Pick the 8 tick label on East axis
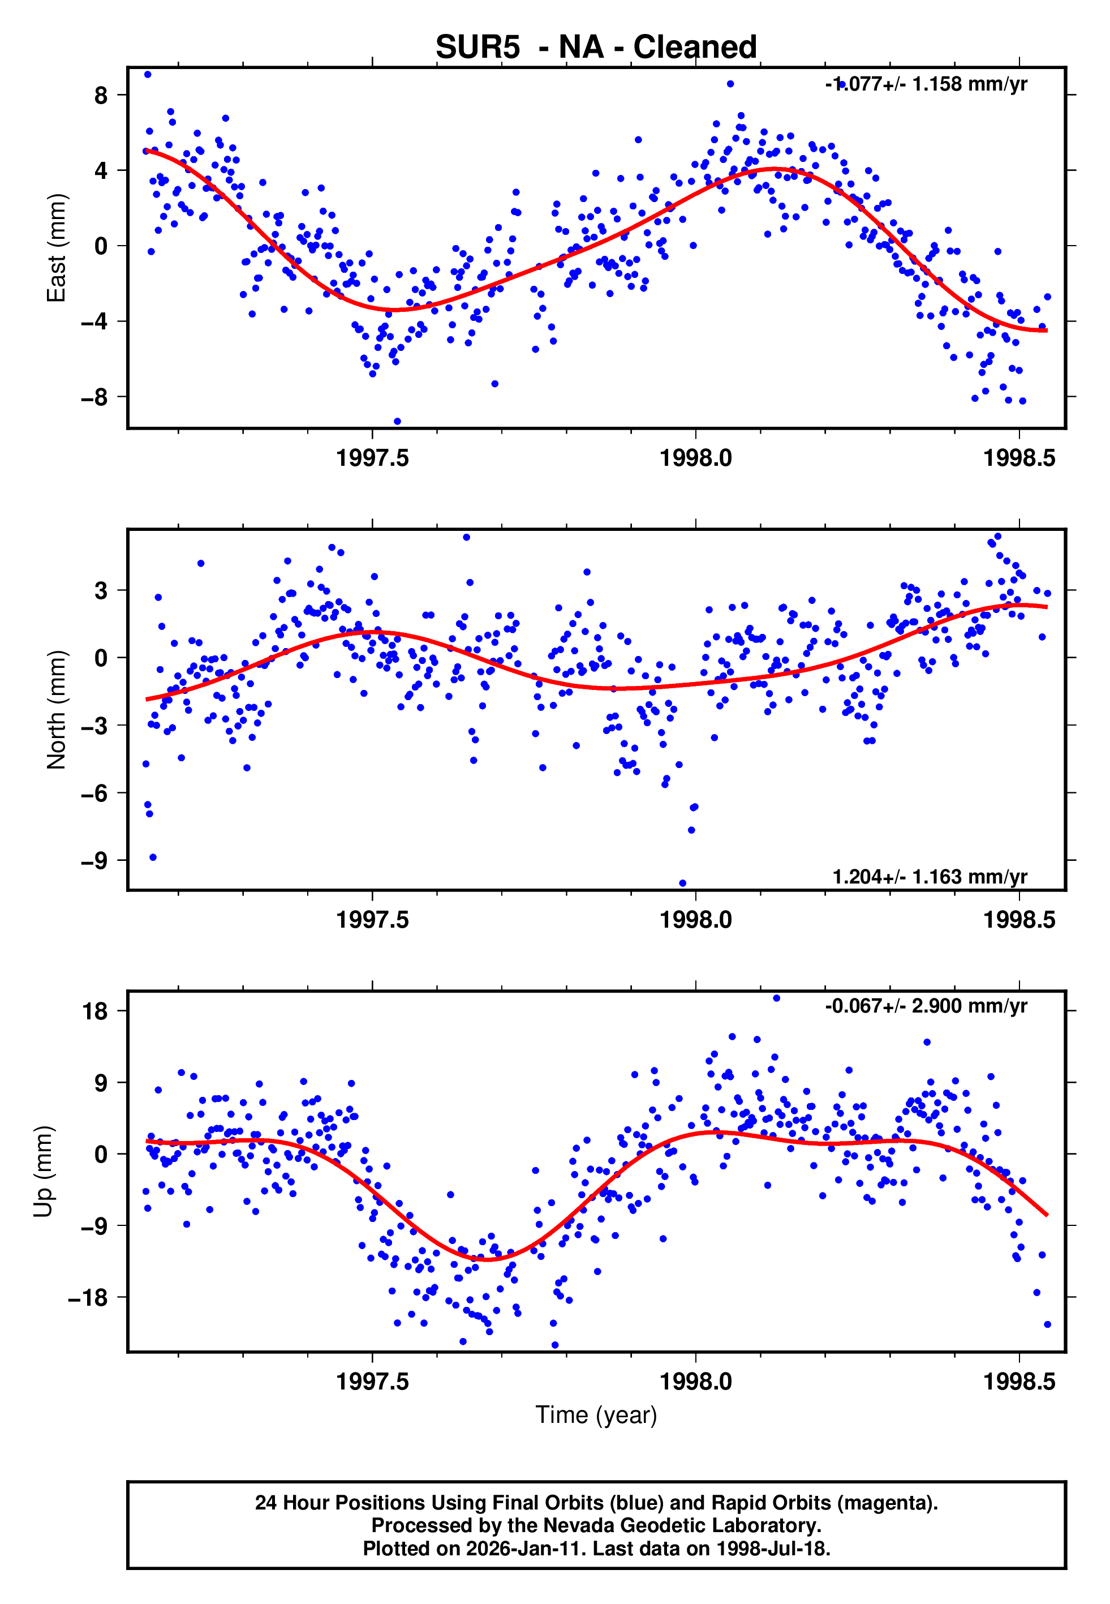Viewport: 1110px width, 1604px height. coord(101,95)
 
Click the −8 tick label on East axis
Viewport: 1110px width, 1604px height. coord(94,397)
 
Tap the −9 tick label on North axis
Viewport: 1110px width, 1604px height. coord(94,861)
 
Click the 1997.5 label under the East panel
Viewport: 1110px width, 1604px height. coord(372,458)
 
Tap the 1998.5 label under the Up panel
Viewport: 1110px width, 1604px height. coord(1019,1382)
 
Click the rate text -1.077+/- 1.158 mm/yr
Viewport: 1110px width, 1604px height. coord(926,84)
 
